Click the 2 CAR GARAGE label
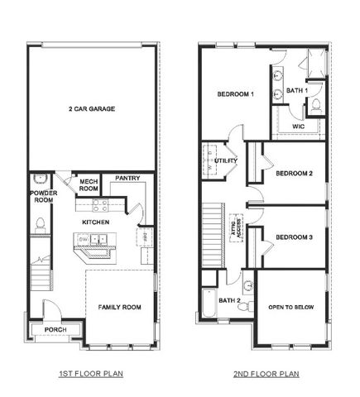click(91, 108)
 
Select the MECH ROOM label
click(89, 184)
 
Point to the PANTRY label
click(127, 177)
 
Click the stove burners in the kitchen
click(100, 204)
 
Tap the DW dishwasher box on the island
click(83, 239)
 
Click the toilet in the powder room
click(39, 222)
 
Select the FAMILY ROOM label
click(120, 307)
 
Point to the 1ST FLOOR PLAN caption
click(91, 374)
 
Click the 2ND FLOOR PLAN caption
click(266, 374)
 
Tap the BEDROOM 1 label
click(235, 94)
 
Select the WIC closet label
click(299, 127)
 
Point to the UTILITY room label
click(226, 160)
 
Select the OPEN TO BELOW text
click(293, 307)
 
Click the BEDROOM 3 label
click(294, 237)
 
